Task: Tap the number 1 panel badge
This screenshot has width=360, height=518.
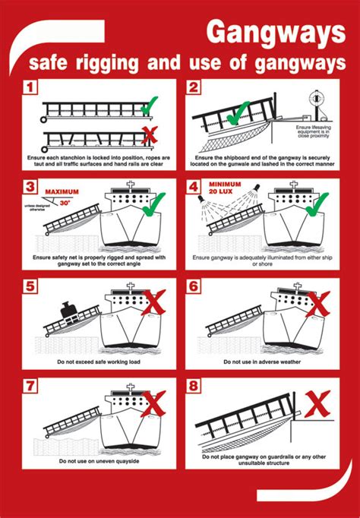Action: [30, 87]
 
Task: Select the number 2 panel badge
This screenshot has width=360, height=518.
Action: [194, 87]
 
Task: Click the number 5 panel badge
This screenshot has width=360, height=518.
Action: [30, 286]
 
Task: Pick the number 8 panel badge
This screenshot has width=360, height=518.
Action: [194, 386]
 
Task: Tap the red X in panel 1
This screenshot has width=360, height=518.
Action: [150, 135]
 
